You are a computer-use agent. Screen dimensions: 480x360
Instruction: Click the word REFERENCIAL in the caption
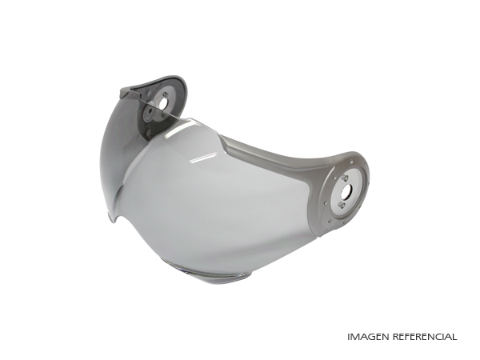(425, 337)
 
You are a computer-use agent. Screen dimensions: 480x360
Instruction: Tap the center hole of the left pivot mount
(164, 104)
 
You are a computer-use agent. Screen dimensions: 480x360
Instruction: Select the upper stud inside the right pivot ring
(345, 178)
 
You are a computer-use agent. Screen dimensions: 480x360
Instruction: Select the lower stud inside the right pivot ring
(342, 205)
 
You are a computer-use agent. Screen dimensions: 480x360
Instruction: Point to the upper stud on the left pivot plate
(166, 94)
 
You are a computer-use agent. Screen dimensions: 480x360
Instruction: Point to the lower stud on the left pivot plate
(163, 115)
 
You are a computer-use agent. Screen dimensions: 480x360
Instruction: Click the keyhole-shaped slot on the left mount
(150, 112)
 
